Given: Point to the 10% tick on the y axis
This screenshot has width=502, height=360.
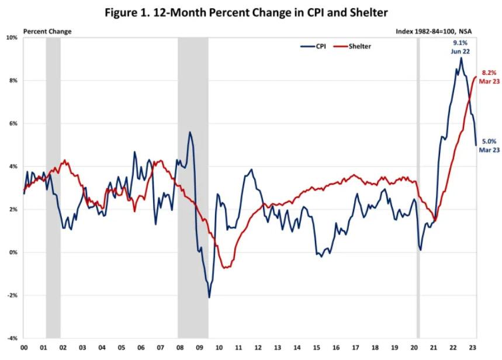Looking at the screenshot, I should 11,37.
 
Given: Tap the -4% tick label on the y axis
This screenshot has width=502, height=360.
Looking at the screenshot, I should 12,338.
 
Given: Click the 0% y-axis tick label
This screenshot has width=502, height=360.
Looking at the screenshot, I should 12,252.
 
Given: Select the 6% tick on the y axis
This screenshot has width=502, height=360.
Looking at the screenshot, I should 12,123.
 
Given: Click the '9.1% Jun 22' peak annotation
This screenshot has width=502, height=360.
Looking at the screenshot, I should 461,47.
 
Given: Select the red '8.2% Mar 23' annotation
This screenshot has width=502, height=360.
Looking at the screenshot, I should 488,77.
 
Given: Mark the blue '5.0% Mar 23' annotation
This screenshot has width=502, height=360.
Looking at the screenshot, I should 489,146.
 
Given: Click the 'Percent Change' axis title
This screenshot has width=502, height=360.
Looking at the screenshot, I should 47,31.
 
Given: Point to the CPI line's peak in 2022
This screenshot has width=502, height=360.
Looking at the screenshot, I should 461,58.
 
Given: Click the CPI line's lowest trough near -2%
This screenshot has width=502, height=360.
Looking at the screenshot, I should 209,297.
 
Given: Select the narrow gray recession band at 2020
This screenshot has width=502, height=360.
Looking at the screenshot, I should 418,187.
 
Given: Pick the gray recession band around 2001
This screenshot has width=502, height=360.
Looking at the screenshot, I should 53,187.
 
